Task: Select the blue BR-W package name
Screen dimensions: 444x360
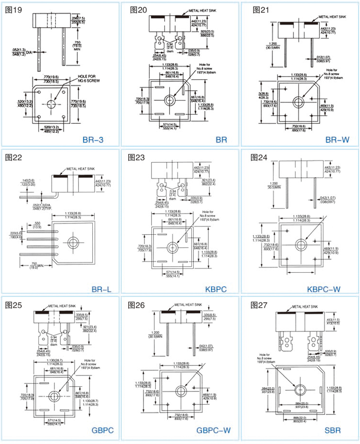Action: coord(337,140)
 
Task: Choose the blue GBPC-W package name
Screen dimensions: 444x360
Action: coord(214,430)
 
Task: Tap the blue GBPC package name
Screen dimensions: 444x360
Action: coord(103,430)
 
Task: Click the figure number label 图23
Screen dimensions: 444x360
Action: coord(137,158)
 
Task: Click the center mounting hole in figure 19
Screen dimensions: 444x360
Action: coord(51,104)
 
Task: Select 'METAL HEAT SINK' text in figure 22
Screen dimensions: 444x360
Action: coord(79,168)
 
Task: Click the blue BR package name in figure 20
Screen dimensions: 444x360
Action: coord(221,140)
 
